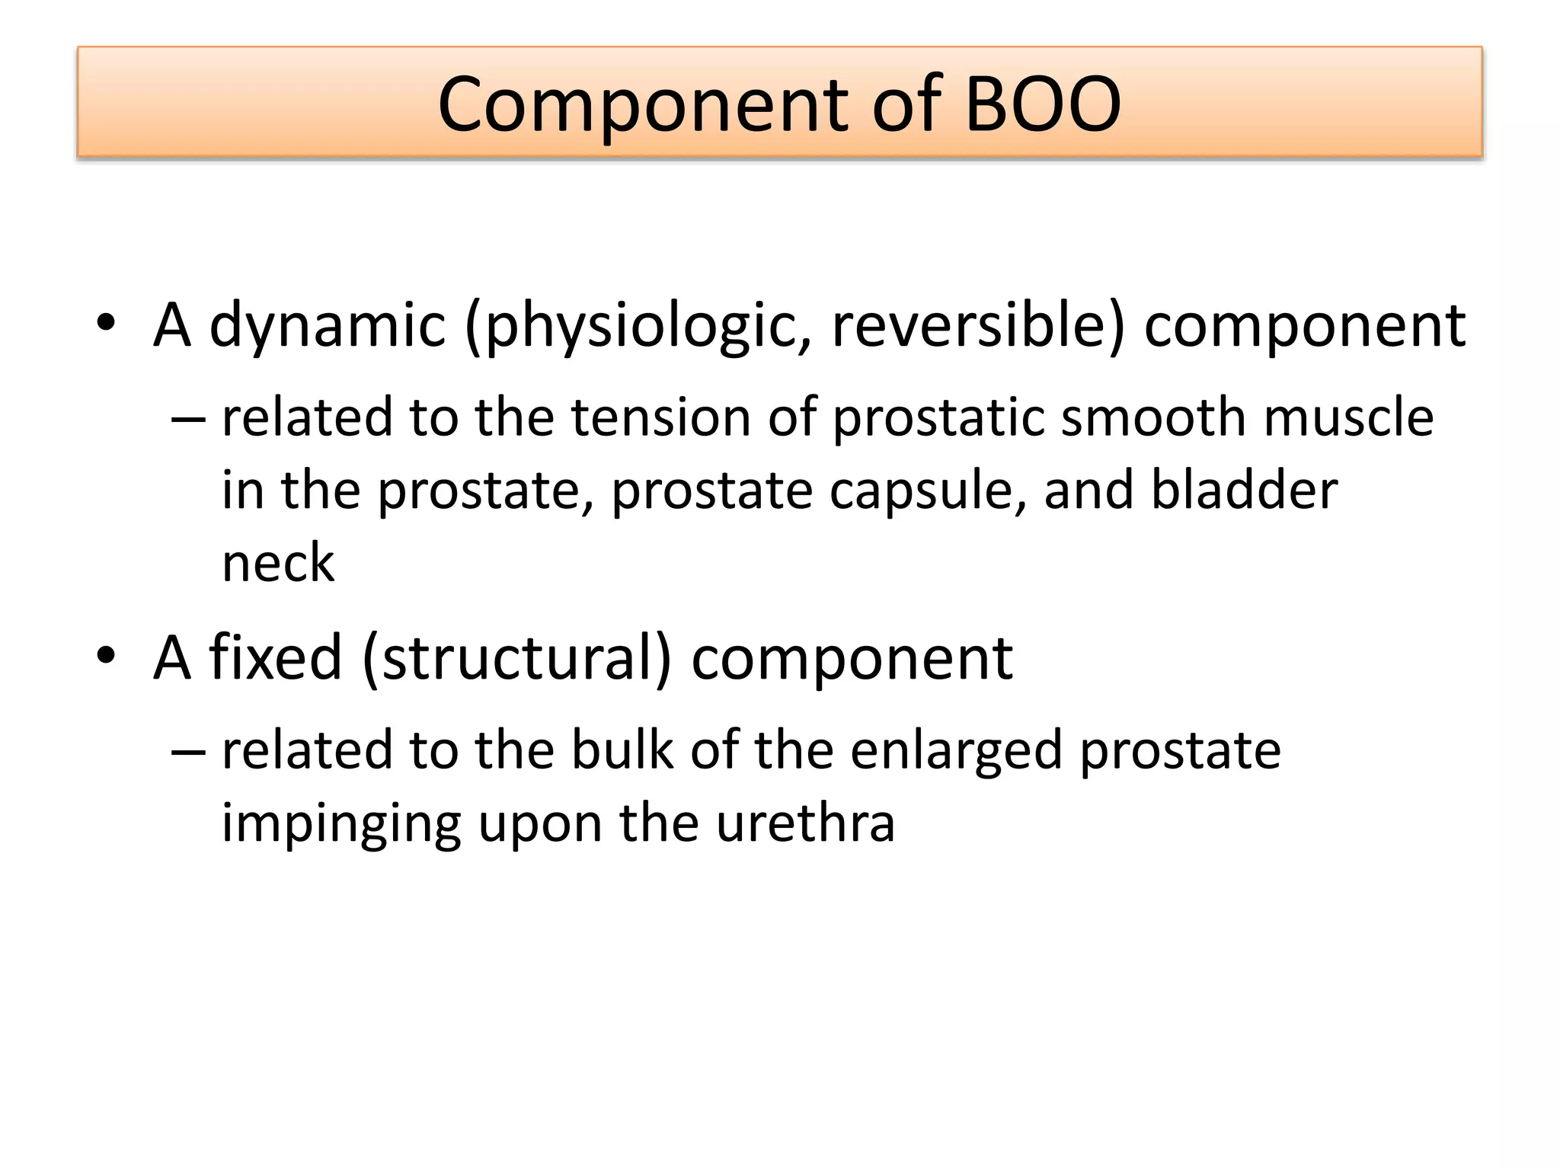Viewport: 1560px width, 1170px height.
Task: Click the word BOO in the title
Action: click(1042, 104)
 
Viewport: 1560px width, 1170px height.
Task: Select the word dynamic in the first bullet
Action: click(327, 326)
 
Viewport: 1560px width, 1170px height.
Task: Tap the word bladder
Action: click(1244, 490)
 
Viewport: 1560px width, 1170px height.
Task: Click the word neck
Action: click(278, 564)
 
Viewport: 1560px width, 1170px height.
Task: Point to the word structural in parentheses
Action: click(518, 659)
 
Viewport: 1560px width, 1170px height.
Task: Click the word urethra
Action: click(805, 823)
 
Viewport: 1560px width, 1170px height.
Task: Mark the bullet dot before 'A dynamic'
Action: click(106, 323)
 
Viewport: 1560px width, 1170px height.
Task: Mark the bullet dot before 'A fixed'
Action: click(106, 655)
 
